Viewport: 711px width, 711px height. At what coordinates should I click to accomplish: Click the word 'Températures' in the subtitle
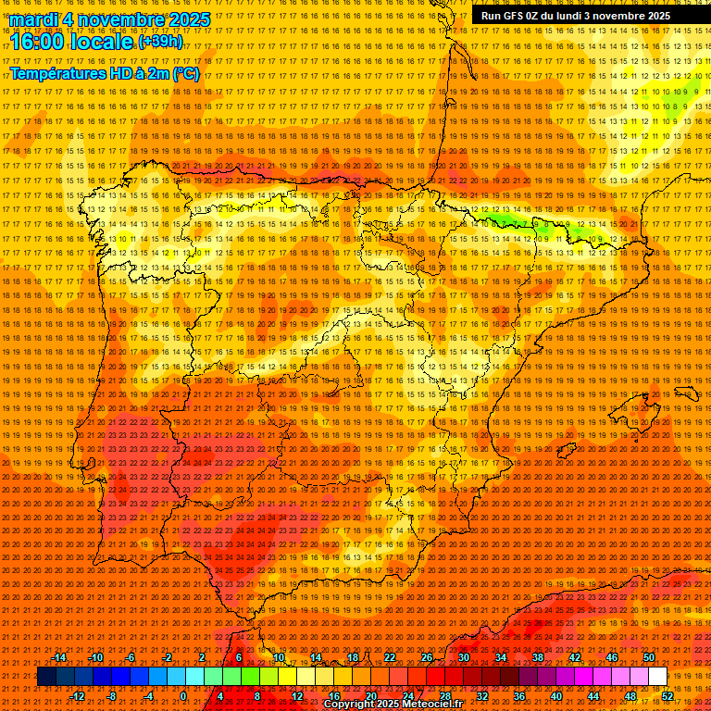click(x=56, y=73)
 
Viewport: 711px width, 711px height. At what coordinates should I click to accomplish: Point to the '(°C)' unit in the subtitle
click(x=185, y=73)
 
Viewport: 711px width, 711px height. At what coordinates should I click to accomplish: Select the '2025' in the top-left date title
click(x=185, y=19)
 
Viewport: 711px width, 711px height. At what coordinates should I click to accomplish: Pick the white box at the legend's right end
click(x=657, y=677)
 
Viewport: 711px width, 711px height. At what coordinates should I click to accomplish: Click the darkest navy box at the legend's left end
click(x=46, y=677)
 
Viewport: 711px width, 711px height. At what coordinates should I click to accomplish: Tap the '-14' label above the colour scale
click(x=59, y=658)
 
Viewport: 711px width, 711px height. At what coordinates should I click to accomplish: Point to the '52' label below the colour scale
click(x=667, y=696)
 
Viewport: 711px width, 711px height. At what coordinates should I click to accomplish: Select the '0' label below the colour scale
click(x=183, y=696)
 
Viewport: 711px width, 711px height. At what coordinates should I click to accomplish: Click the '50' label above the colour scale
click(x=649, y=658)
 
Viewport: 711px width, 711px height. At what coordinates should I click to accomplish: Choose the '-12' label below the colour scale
click(x=77, y=696)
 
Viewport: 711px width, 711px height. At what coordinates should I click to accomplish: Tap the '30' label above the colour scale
click(x=463, y=658)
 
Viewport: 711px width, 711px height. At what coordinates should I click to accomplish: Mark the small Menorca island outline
click(x=686, y=392)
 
